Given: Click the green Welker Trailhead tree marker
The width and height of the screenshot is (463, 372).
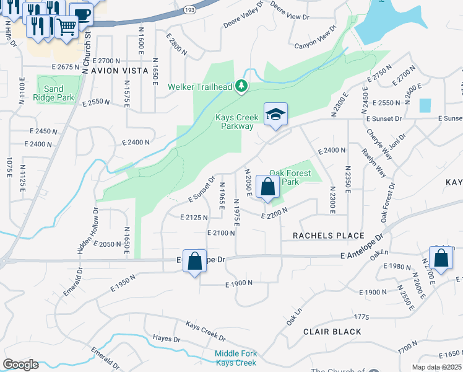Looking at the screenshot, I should point(241,87).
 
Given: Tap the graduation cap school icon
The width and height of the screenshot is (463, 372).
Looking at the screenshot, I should point(275,115).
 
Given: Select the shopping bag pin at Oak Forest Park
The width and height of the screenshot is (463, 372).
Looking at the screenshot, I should point(267,187).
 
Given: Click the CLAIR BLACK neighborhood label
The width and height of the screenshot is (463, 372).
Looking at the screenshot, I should point(332,332).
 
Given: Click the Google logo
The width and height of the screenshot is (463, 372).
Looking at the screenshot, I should point(20,365).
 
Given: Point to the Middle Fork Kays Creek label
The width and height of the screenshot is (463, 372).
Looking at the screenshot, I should point(235,358).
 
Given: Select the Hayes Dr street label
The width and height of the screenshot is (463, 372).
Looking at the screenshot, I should point(166,339).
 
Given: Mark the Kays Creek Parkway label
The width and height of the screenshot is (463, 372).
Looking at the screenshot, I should point(234,122).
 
